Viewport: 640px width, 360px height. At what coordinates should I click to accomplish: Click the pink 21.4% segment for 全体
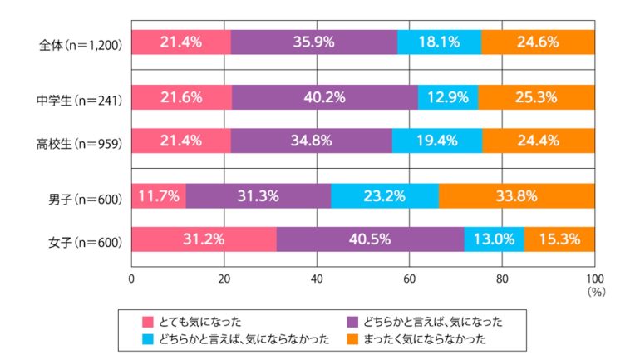point(180,42)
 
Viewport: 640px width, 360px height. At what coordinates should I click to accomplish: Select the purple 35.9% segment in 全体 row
point(313,42)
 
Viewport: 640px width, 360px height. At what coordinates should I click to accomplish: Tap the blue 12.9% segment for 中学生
point(447,97)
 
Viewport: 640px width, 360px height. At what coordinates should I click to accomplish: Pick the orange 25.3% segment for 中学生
point(536,97)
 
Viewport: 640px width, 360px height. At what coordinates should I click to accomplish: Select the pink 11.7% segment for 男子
point(158,197)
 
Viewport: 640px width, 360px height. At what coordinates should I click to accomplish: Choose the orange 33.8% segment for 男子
point(516,197)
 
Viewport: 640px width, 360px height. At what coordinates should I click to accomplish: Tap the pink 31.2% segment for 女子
point(204,240)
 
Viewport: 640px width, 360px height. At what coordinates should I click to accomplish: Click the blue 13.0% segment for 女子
point(494,240)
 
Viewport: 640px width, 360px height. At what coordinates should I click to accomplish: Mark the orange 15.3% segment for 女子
point(559,240)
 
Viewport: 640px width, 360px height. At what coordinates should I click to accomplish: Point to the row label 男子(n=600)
point(86,198)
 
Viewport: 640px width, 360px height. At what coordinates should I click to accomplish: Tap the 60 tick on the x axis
point(409,279)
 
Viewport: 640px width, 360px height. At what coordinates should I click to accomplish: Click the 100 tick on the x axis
point(594,279)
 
